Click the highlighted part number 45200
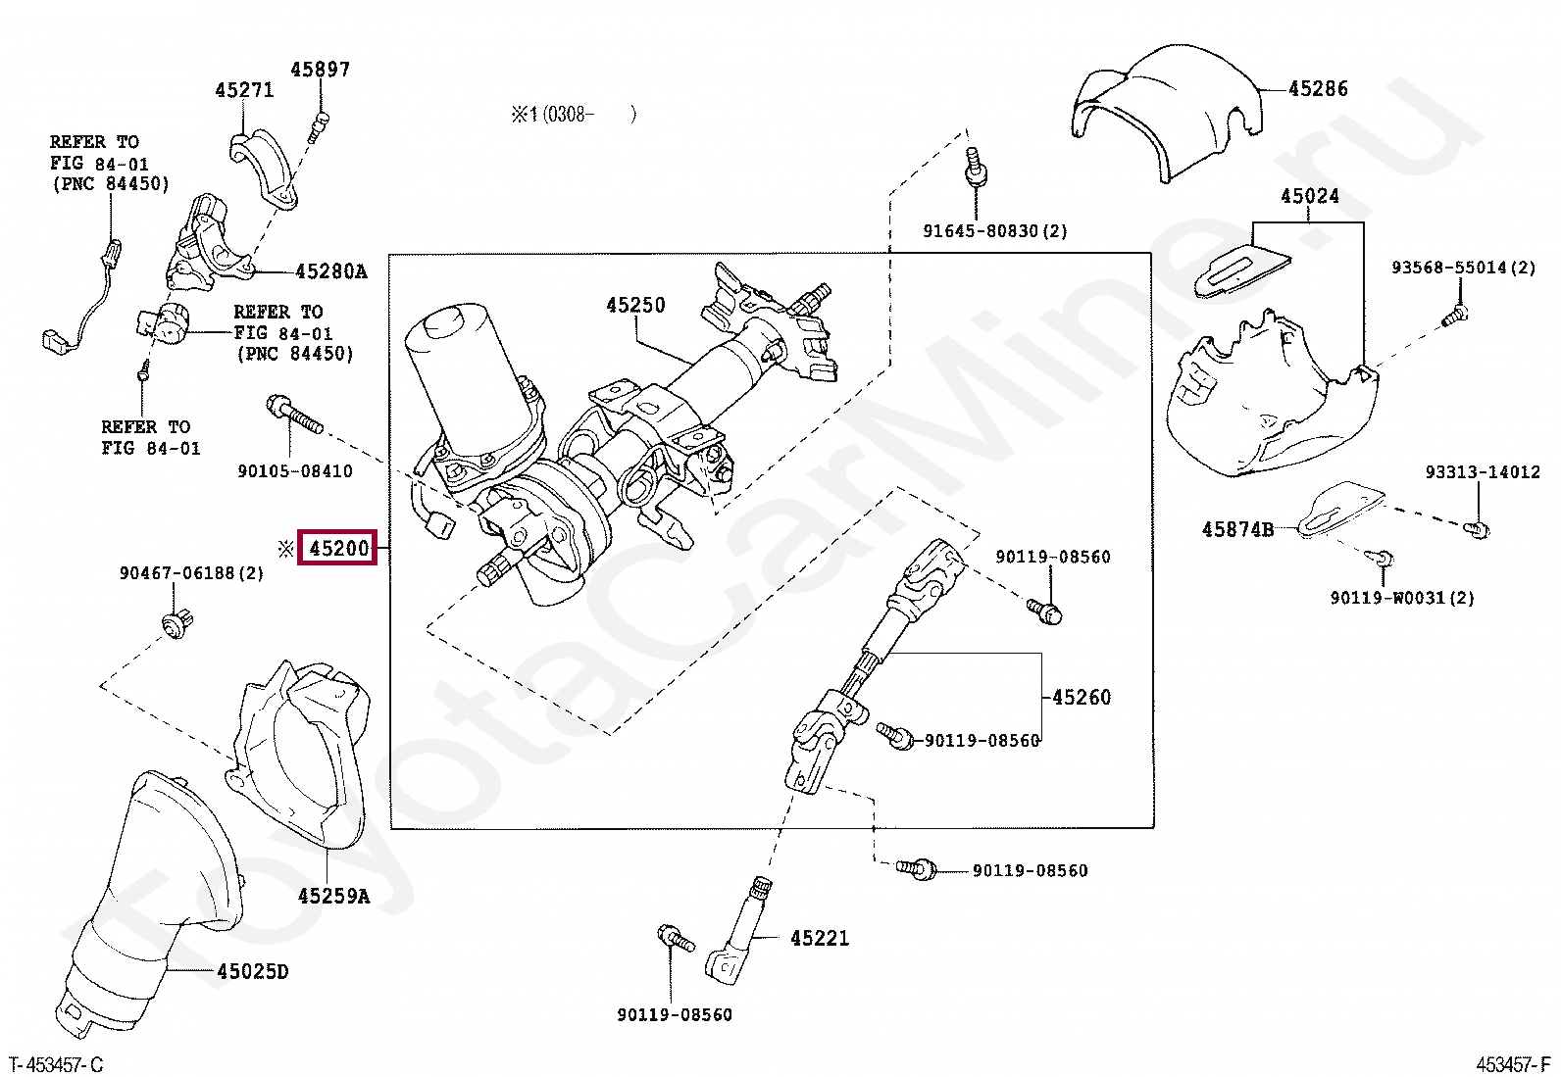coord(338,549)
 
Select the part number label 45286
coord(1318,89)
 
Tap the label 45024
coord(1309,196)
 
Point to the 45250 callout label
coord(635,306)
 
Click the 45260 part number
coord(1082,698)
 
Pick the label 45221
coord(820,939)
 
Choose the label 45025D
coord(253,972)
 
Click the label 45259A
coord(333,897)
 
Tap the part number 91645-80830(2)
coord(994,231)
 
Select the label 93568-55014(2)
coord(1463,268)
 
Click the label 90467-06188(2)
coord(191,573)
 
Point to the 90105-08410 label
coord(294,471)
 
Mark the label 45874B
coord(1237,530)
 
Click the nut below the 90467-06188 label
coord(177,623)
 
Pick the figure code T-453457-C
coord(56,1065)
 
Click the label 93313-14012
coord(1482,472)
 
